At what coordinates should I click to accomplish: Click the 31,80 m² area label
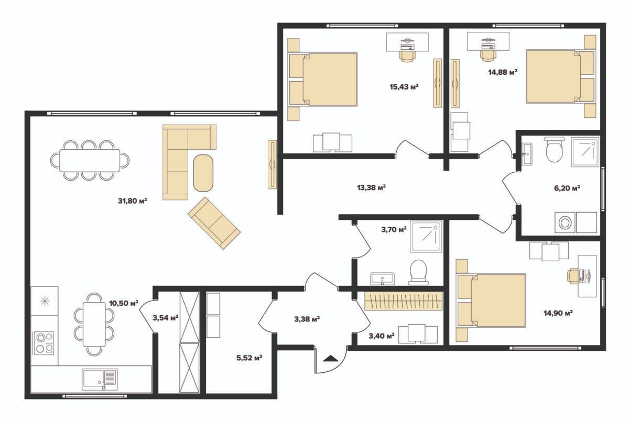[133, 201]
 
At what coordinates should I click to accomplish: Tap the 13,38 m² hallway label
[371, 187]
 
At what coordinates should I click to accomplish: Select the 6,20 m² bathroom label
[567, 188]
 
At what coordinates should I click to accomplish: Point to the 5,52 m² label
[250, 358]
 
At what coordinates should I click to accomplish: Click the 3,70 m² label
[394, 230]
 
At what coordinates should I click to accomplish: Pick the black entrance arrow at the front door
[331, 358]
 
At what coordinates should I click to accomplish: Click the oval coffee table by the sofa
[203, 173]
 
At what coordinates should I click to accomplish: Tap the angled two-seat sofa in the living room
[214, 223]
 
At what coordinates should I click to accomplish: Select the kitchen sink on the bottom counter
[100, 379]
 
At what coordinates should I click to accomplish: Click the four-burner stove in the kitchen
[44, 343]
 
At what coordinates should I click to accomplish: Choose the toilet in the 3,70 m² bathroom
[418, 273]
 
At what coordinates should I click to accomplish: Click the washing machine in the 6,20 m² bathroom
[565, 223]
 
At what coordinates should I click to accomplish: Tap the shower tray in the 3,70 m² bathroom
[426, 236]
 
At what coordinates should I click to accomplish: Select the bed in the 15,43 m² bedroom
[323, 80]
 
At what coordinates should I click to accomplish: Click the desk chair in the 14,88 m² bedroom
[488, 55]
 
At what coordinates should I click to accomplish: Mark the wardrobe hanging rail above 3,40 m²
[404, 301]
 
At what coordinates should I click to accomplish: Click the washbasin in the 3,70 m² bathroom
[382, 279]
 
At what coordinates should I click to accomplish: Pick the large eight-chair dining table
[90, 160]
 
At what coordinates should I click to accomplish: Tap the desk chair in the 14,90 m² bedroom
[572, 275]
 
